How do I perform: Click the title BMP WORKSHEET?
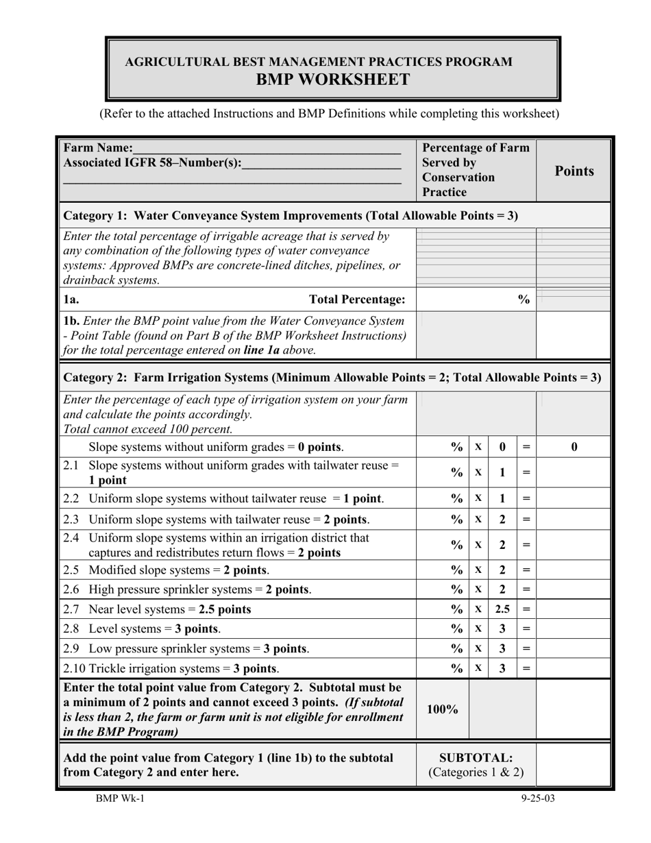[332, 80]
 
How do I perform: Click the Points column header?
[574, 171]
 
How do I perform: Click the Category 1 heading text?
[290, 215]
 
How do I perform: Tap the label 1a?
[71, 299]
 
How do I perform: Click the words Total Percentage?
[357, 299]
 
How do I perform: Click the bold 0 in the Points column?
[574, 447]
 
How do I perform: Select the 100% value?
[442, 709]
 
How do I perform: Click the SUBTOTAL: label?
[476, 757]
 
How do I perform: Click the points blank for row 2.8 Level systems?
[574, 628]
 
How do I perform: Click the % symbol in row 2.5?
[457, 570]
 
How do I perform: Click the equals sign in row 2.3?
[526, 520]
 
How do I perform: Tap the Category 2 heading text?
[332, 377]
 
